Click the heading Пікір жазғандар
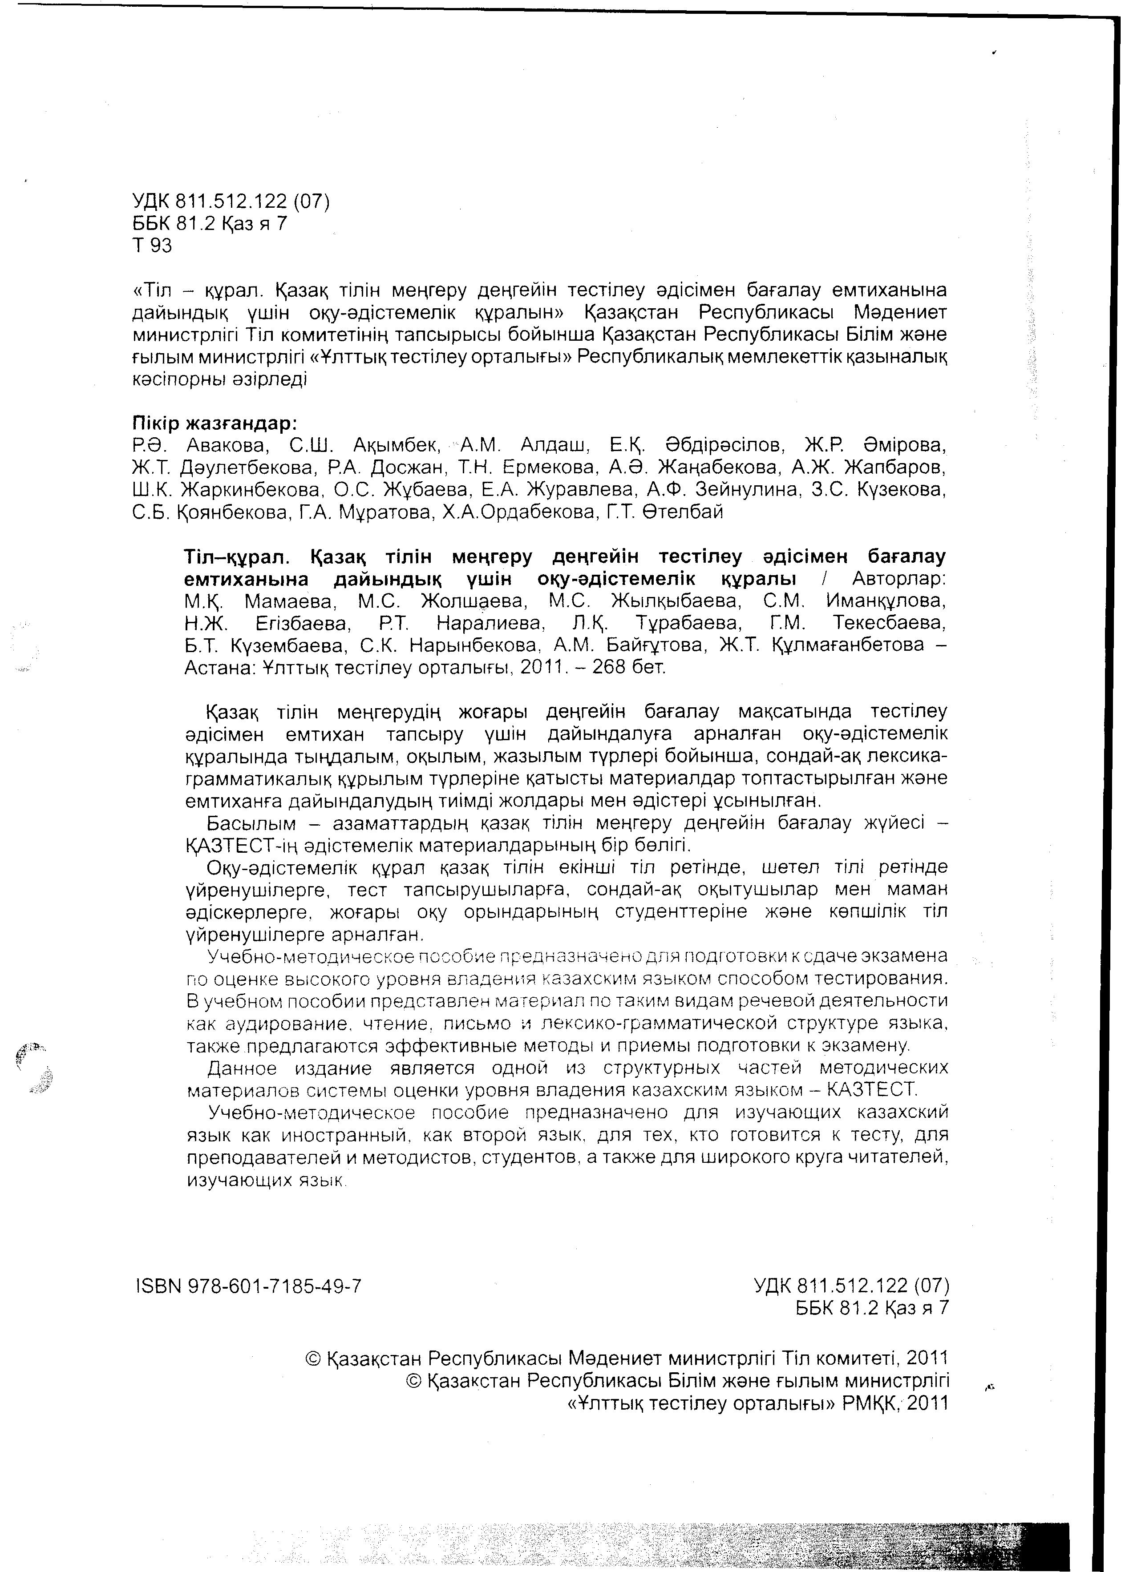coord(214,422)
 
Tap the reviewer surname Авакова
coord(226,444)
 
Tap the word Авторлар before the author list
coord(899,578)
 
